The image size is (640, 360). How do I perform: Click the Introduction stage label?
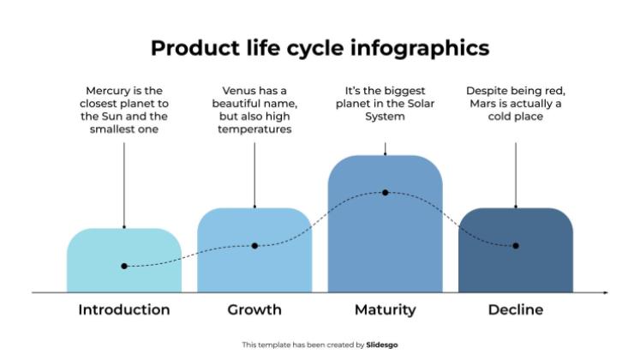(124, 309)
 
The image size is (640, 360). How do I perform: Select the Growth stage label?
(254, 309)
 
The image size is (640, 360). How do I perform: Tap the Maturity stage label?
(385, 309)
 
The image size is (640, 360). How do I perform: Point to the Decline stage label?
(515, 309)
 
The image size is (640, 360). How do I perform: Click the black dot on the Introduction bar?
(124, 267)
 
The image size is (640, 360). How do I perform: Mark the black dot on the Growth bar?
(254, 246)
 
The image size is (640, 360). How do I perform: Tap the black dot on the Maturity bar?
(385, 193)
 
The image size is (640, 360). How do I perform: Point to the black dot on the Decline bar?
(516, 246)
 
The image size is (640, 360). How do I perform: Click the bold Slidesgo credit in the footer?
(382, 345)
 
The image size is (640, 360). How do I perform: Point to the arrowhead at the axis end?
(605, 293)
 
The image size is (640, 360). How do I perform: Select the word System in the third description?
(385, 117)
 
